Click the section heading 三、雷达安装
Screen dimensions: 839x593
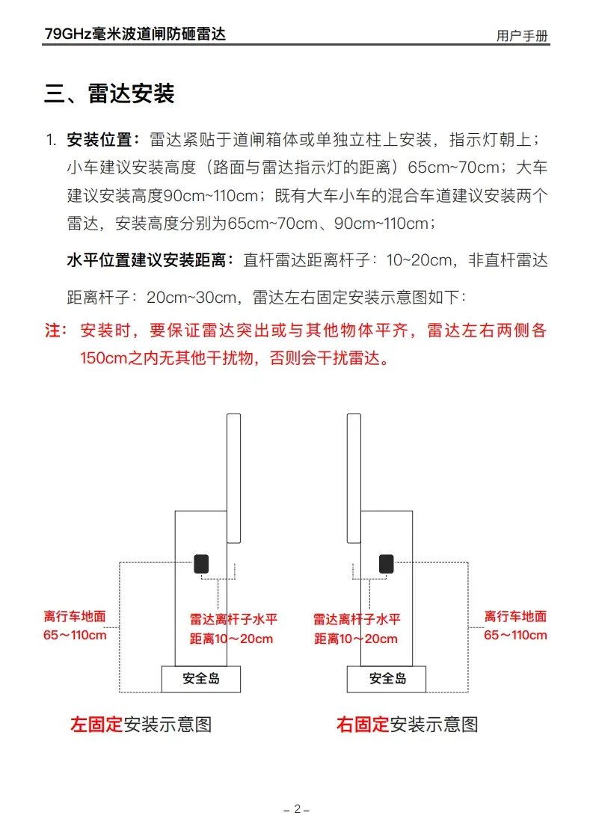(x=109, y=94)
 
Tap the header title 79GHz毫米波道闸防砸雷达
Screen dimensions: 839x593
(x=135, y=34)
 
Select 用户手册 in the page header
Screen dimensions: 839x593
(x=522, y=36)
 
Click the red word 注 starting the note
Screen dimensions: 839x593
(x=55, y=331)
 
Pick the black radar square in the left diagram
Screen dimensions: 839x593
(x=201, y=564)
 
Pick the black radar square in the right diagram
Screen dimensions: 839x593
(x=386, y=564)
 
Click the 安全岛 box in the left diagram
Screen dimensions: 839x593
(x=201, y=679)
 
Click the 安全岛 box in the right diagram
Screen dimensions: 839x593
(x=387, y=679)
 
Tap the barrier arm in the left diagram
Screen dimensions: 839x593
(x=234, y=479)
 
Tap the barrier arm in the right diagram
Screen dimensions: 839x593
(x=354, y=479)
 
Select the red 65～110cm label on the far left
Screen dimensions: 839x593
(x=75, y=636)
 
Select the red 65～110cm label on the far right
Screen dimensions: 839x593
(x=515, y=636)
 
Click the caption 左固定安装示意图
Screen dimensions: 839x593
(x=141, y=724)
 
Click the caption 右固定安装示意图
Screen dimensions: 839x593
(x=407, y=724)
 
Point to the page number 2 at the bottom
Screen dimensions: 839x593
(x=297, y=809)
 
